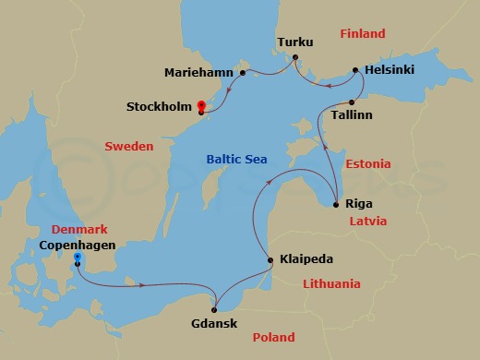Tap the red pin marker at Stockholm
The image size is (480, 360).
pyautogui.click(x=200, y=106)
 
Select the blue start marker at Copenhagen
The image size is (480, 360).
pyautogui.click(x=78, y=258)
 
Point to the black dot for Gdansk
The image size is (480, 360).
pyautogui.click(x=214, y=308)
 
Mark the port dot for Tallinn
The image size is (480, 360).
pyautogui.click(x=353, y=102)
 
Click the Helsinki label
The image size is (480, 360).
pyautogui.click(x=390, y=69)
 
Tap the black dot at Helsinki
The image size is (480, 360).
pyautogui.click(x=357, y=69)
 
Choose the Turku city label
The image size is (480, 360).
pyautogui.click(x=294, y=42)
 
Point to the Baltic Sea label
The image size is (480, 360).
pyautogui.click(x=235, y=160)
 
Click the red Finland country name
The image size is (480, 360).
pyautogui.click(x=363, y=34)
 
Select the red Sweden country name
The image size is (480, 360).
pyautogui.click(x=128, y=147)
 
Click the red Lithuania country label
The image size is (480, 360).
pyautogui.click(x=331, y=284)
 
